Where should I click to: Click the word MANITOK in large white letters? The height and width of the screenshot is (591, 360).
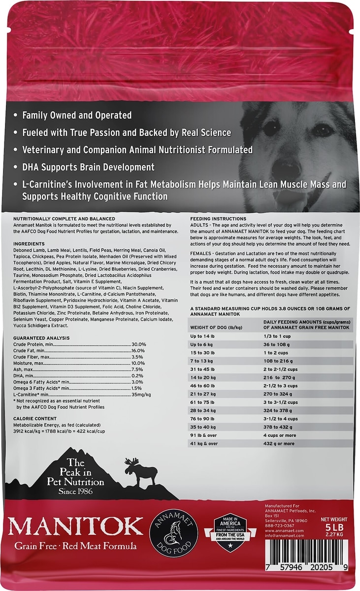76,526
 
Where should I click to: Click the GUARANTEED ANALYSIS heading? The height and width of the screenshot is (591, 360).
41,338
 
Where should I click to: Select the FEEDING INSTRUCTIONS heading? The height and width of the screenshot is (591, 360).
218,218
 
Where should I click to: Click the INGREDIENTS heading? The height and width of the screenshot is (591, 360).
29,244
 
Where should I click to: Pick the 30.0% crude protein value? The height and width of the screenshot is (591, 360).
138,344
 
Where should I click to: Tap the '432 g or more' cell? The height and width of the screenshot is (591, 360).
279,443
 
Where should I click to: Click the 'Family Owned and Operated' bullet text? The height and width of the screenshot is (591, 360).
77,115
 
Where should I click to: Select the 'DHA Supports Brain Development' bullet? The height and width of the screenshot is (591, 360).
88,167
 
